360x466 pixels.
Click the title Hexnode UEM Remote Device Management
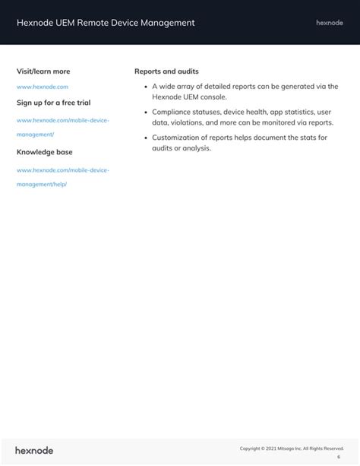coord(106,23)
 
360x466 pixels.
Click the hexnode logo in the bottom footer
coord(34,451)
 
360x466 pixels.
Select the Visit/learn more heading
coord(43,71)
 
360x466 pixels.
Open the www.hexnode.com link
coord(43,87)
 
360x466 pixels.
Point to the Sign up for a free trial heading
coord(53,102)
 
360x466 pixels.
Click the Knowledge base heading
coord(45,152)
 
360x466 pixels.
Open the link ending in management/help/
coord(42,184)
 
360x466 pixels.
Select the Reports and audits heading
coord(166,71)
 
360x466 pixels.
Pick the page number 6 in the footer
coord(339,458)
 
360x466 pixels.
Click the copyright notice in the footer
coord(292,449)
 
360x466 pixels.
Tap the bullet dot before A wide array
coord(145,87)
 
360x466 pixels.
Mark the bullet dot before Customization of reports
coord(145,138)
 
